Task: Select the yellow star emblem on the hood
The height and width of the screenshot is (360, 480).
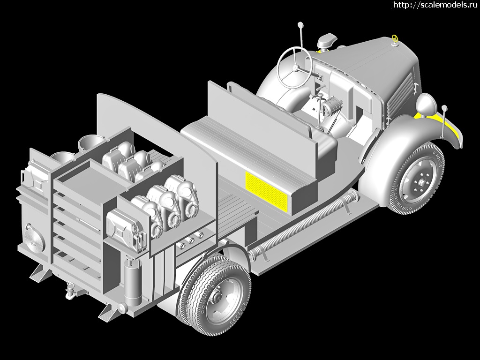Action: [x=395, y=39]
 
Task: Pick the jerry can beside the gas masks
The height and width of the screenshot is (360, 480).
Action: [x=126, y=230]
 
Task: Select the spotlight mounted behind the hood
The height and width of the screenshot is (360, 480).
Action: [x=327, y=41]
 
